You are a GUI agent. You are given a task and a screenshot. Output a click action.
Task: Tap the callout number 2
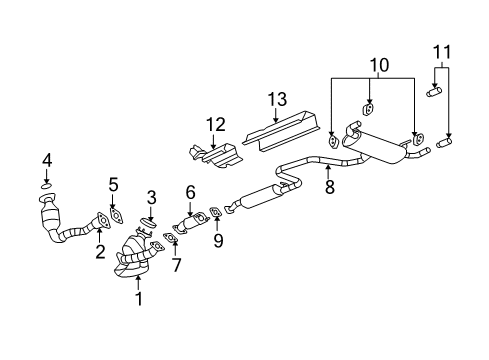(x=100, y=252)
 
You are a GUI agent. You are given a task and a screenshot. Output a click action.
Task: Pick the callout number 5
(x=113, y=184)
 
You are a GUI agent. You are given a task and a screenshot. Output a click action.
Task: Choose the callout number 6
(x=190, y=191)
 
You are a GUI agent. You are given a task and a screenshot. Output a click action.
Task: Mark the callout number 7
(x=177, y=265)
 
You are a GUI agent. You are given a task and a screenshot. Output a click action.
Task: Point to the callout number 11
(x=442, y=50)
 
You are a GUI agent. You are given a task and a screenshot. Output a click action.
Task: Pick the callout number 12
(x=210, y=124)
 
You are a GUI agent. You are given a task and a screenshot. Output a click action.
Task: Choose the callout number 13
(x=277, y=99)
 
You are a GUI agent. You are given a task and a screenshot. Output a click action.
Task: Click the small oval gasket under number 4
(x=46, y=185)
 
